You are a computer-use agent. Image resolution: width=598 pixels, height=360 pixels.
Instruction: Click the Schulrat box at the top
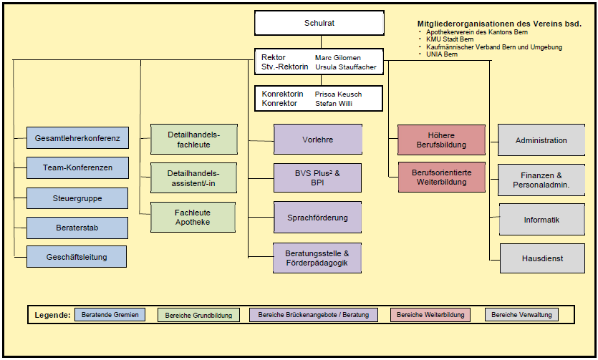(319, 23)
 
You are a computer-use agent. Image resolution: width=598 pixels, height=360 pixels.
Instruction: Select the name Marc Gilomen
(338, 57)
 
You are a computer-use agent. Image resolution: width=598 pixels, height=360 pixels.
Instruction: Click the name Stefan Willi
(334, 103)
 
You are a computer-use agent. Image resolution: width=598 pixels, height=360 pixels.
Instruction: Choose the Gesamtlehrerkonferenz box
(77, 137)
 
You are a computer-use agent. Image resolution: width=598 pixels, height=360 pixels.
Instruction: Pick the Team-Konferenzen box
(77, 167)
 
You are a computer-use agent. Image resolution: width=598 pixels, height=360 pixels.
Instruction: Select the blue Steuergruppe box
(77, 198)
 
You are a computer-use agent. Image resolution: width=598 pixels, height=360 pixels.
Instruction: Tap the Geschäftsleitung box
(77, 256)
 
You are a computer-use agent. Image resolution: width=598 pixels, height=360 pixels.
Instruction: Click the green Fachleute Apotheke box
(193, 217)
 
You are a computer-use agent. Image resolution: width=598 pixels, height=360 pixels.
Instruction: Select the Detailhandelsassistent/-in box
(193, 177)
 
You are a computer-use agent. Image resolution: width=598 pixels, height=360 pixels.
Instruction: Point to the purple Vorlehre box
(318, 140)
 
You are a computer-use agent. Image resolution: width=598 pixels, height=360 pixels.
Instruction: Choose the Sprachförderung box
(318, 217)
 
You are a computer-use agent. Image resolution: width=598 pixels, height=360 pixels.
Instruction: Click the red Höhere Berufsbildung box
(441, 140)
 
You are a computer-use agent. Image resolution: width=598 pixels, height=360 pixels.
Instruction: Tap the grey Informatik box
(541, 220)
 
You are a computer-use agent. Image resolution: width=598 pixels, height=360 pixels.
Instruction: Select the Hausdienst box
(541, 258)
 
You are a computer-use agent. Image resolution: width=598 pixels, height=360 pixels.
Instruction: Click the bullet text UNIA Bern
(442, 54)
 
